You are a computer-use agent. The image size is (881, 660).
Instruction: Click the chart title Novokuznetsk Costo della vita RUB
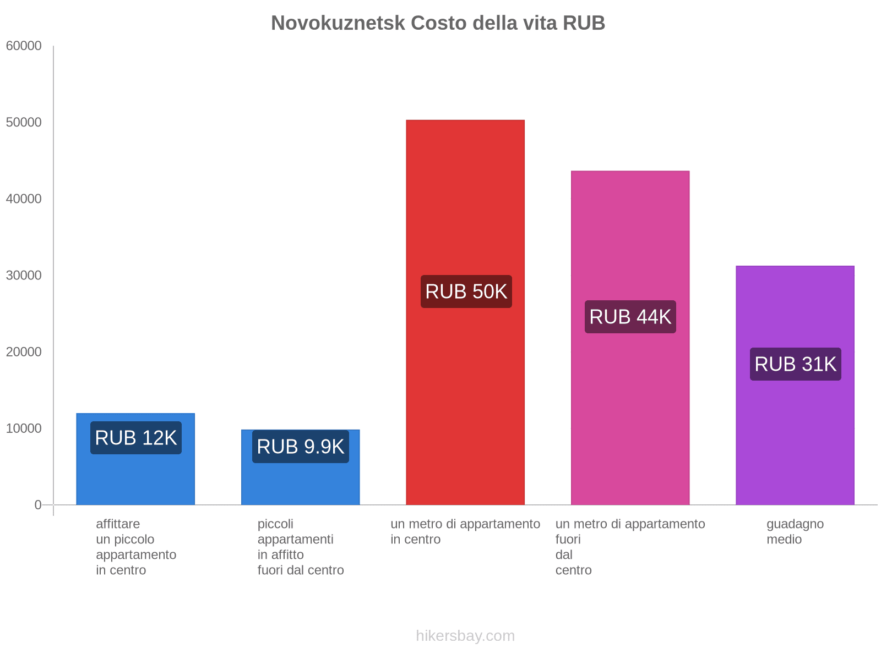[438, 23]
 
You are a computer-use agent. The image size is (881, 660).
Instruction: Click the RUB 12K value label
[136, 438]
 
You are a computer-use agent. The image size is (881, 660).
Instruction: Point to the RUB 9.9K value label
[301, 447]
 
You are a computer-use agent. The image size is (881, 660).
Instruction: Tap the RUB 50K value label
[466, 291]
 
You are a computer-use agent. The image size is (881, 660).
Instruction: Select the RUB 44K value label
[630, 317]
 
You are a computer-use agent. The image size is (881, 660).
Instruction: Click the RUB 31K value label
[796, 364]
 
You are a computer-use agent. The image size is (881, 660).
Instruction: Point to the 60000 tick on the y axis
[24, 46]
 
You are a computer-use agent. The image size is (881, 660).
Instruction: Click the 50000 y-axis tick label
[24, 123]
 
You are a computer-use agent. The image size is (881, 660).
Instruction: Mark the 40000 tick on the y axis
[24, 199]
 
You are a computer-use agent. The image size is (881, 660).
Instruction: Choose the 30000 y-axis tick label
[24, 276]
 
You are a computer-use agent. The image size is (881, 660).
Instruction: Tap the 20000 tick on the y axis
[24, 352]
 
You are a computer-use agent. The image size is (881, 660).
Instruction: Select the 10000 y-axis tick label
[24, 428]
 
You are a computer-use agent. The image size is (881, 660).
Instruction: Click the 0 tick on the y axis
[38, 505]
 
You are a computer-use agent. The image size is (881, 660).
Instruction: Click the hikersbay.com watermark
[465, 636]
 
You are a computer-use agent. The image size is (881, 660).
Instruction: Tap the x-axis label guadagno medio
[795, 531]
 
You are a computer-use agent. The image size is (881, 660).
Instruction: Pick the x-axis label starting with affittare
[136, 547]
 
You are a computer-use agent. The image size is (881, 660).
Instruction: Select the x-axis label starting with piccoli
[301, 547]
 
